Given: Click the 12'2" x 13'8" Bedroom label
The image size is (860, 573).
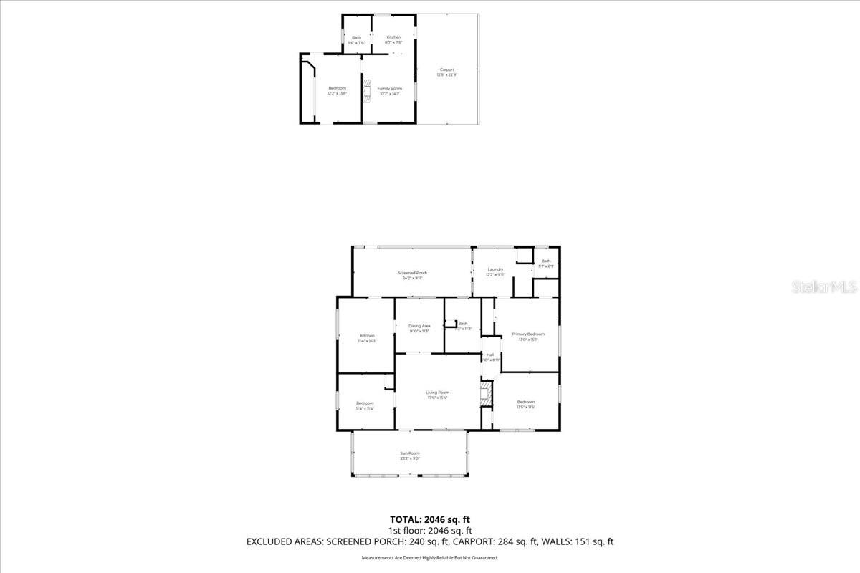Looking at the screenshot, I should (x=337, y=90).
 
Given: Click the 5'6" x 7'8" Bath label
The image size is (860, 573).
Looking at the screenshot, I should (x=356, y=40).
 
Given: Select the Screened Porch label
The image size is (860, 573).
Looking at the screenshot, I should (x=412, y=275).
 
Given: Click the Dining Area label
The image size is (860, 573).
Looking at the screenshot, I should (x=419, y=328).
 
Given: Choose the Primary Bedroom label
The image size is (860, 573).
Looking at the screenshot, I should (x=528, y=337).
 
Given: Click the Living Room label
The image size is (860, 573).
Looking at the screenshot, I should (x=437, y=395).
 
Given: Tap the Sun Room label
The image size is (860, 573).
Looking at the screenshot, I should (x=409, y=456).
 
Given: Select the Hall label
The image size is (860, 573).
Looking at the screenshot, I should (x=490, y=357).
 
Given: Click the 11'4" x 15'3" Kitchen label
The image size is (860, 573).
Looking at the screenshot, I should (x=367, y=338).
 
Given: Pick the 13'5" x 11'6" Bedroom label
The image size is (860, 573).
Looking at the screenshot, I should (x=526, y=405).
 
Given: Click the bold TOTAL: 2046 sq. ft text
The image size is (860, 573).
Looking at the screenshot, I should (x=430, y=519).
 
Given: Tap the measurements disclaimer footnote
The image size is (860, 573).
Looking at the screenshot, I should (x=430, y=557).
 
